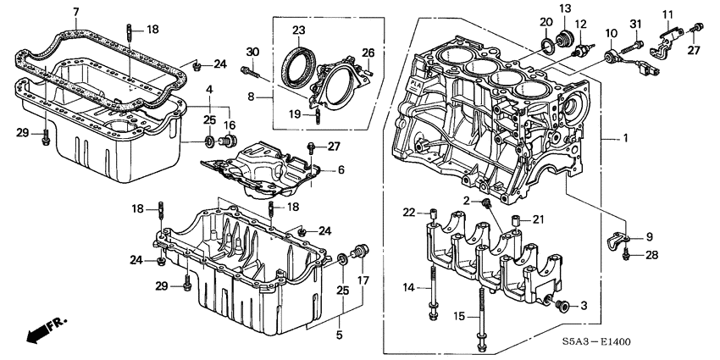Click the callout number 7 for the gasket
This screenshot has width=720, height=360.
tap(75, 11)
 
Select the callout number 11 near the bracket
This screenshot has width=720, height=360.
tap(667, 14)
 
